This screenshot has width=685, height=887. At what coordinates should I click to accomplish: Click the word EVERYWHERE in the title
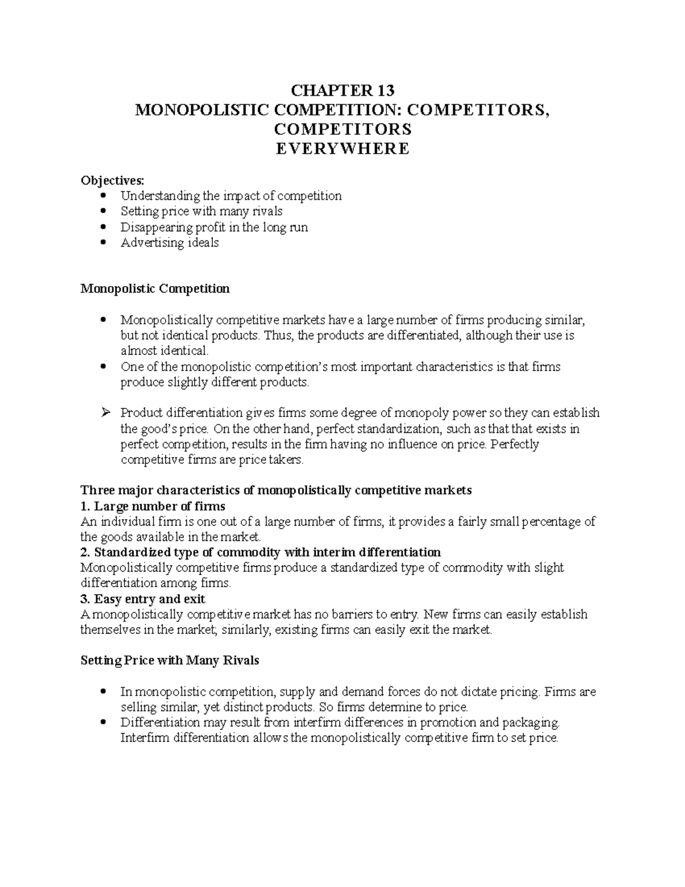[x=342, y=148]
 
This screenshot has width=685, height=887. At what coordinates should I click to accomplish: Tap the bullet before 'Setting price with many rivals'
[x=103, y=211]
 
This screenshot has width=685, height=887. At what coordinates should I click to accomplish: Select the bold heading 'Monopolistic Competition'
[x=155, y=288]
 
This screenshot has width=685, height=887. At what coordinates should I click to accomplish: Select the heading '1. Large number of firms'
[x=153, y=506]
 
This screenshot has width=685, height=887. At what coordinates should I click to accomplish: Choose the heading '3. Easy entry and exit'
[x=143, y=599]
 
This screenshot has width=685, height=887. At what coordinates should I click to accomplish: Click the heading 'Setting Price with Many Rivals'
[x=170, y=661]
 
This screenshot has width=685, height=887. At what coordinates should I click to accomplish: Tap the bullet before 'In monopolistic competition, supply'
[x=103, y=692]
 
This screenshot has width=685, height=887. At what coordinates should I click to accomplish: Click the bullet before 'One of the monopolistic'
[x=103, y=366]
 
